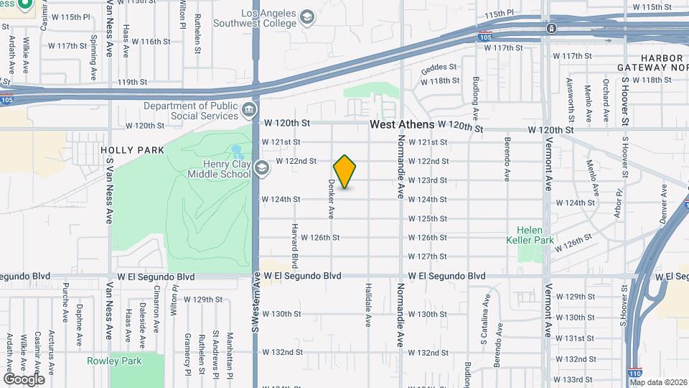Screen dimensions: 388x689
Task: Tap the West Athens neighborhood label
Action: click(x=402, y=124)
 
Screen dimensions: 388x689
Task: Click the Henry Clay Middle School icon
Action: click(x=262, y=167)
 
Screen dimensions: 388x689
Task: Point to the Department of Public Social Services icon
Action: click(x=248, y=110)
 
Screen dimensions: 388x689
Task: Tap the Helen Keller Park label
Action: click(x=535, y=235)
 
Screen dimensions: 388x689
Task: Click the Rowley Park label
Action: click(x=114, y=361)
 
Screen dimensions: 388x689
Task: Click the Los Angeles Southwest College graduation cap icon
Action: click(x=307, y=17)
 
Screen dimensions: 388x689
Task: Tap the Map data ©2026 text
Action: click(x=657, y=382)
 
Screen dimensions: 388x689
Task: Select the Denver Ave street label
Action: click(x=664, y=203)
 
